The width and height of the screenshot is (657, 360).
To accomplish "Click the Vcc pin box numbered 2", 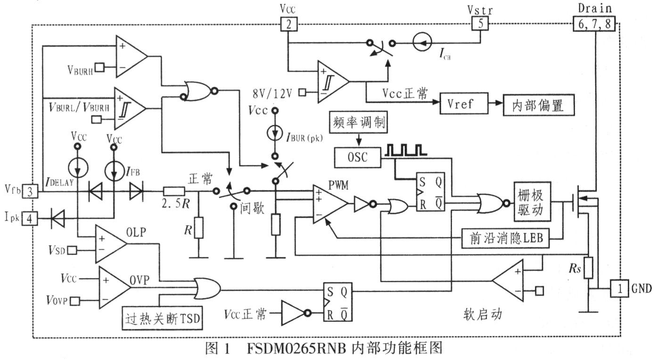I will [x=288, y=24].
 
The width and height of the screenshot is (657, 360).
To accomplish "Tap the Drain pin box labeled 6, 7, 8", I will [x=594, y=24].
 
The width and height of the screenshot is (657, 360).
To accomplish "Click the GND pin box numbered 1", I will [x=619, y=287].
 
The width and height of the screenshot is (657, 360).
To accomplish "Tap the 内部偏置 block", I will [x=539, y=104].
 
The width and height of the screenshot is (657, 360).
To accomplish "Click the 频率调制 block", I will [x=358, y=124].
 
